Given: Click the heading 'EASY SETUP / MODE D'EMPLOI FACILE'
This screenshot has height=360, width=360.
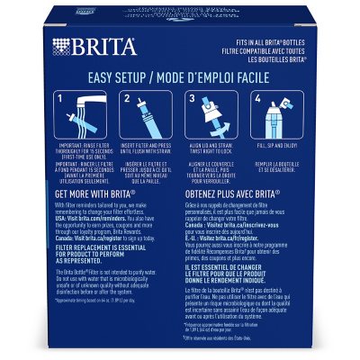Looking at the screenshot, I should tap(180, 77).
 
